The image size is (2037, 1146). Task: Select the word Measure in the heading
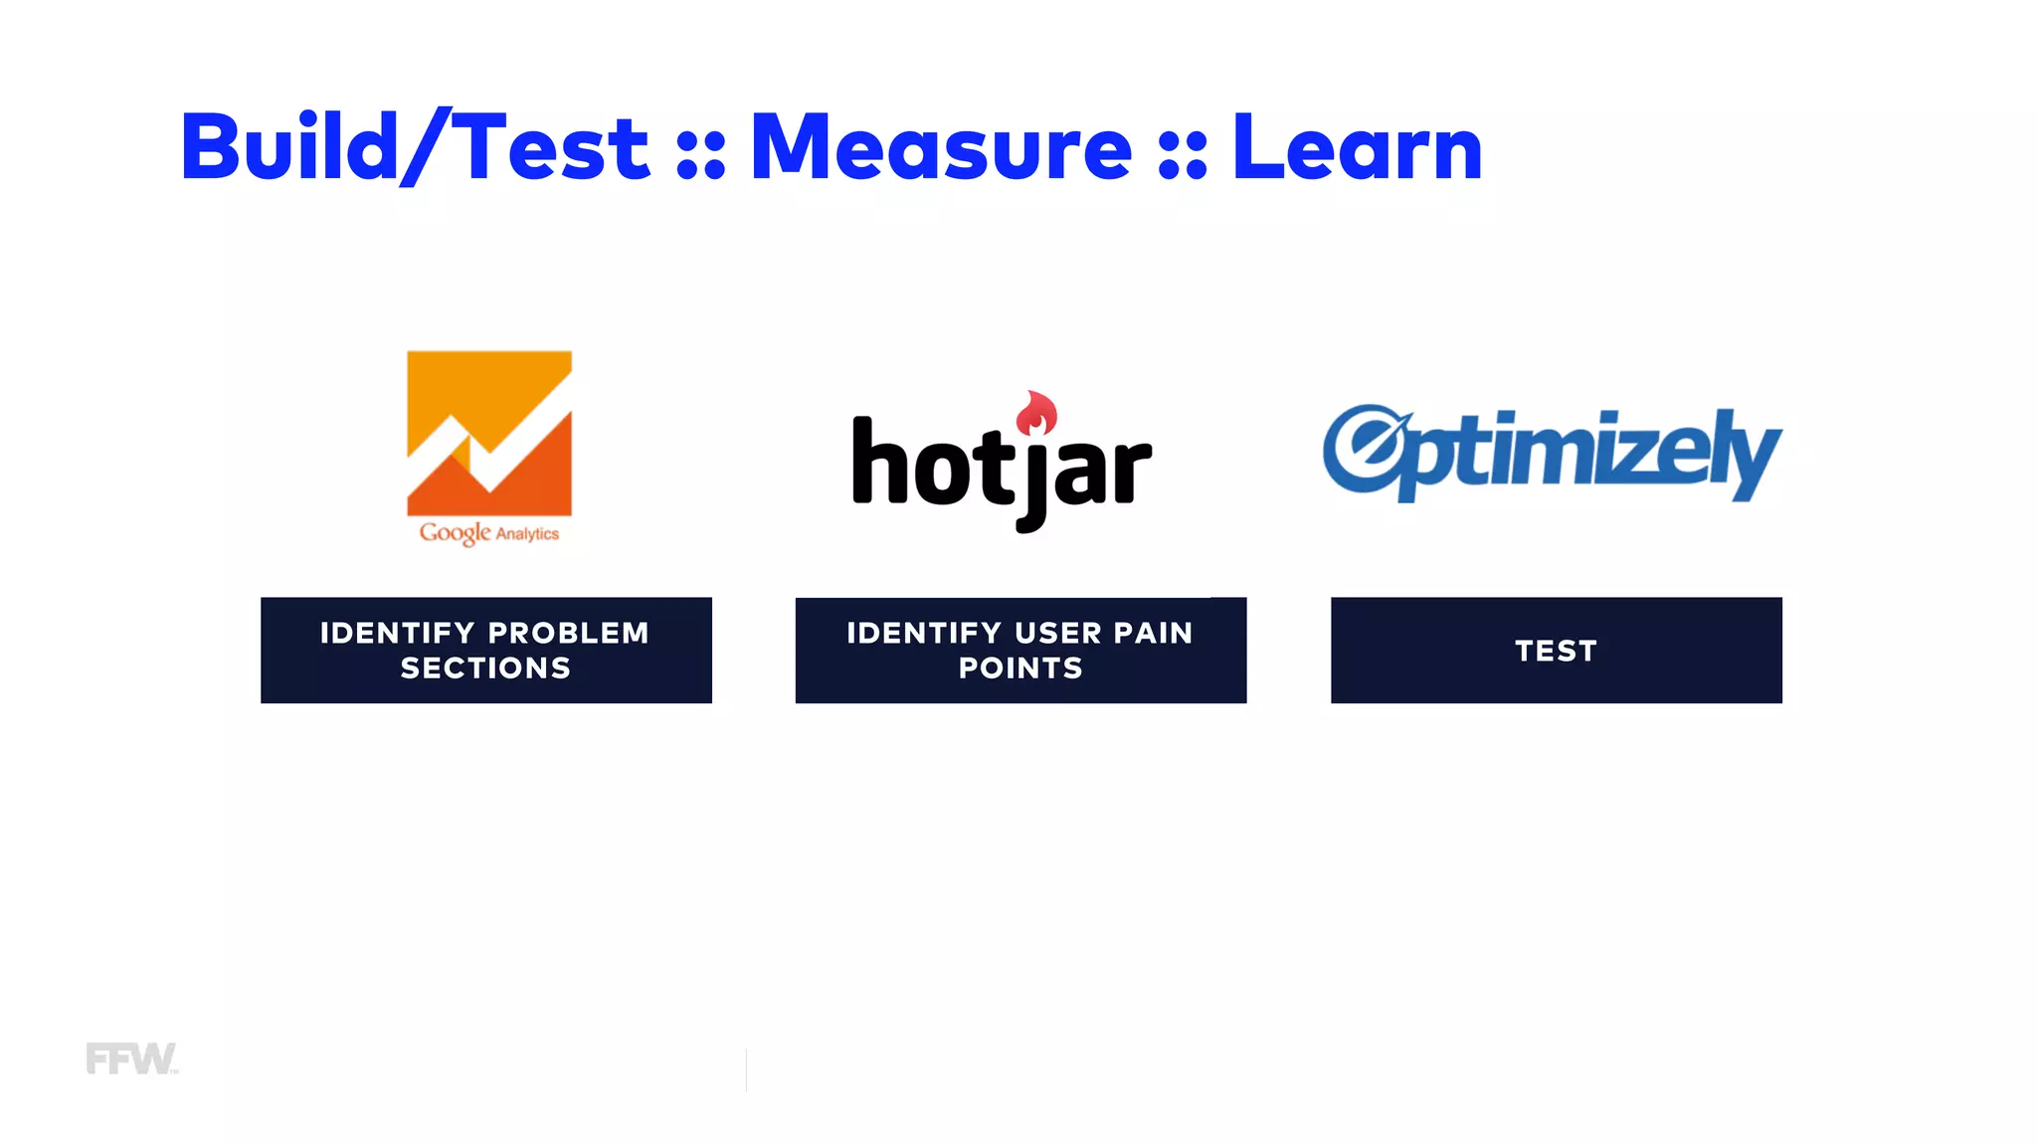click(940, 147)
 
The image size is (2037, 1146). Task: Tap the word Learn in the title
click(1357, 147)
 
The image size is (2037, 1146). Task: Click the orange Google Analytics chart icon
click(489, 433)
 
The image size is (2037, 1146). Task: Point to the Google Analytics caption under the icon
click(489, 533)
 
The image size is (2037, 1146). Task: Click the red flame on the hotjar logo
click(1036, 412)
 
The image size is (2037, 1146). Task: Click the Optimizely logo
click(1552, 454)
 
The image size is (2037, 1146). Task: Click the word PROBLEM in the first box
click(568, 633)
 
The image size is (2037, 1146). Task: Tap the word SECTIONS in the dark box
click(485, 668)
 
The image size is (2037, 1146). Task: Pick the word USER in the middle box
click(1058, 633)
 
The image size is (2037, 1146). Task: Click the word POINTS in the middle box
click(1020, 668)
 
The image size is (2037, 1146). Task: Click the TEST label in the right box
click(1556, 651)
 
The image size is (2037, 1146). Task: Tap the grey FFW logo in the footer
click(131, 1058)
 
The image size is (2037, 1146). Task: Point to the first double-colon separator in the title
click(700, 157)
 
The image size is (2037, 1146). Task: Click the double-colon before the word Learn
click(1182, 157)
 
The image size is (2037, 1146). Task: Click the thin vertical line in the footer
click(746, 1070)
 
